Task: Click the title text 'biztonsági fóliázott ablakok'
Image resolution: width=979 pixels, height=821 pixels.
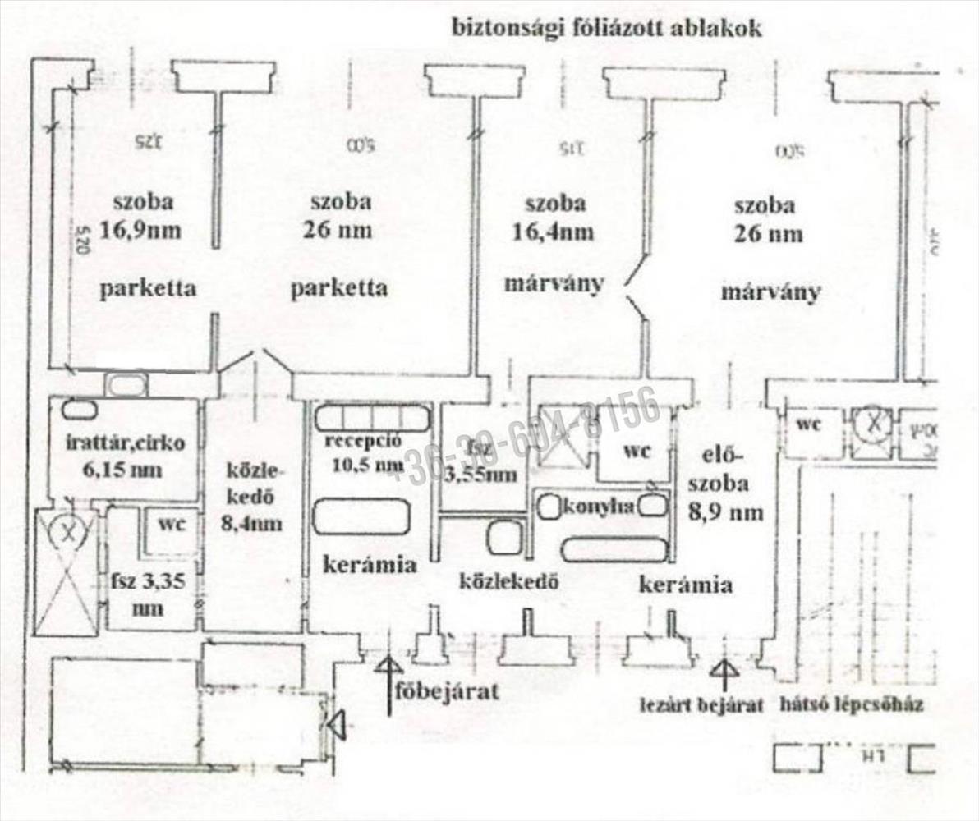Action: point(608,28)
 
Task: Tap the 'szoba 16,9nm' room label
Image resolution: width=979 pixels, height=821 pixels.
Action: point(141,217)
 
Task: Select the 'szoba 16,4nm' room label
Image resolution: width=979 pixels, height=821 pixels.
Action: point(555,218)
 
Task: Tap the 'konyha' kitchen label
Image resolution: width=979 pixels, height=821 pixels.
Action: point(598,507)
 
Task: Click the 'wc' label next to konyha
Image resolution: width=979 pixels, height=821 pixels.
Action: point(635,450)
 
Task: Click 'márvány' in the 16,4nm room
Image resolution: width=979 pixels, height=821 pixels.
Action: point(554,284)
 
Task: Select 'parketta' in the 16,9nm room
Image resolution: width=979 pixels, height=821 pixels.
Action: point(148,288)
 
